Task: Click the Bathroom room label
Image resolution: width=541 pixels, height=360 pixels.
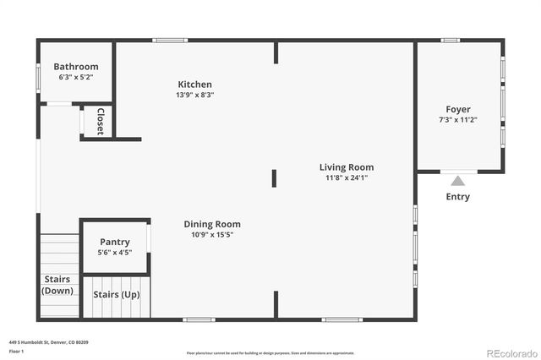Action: pyautogui.click(x=76, y=67)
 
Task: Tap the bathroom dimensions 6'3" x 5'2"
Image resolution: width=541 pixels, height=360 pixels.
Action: pyautogui.click(x=76, y=77)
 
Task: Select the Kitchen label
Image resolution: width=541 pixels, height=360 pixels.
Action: pyautogui.click(x=194, y=85)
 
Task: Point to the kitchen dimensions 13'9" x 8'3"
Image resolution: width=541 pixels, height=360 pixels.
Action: pyautogui.click(x=194, y=95)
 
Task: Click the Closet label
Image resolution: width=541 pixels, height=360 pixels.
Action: pyautogui.click(x=100, y=121)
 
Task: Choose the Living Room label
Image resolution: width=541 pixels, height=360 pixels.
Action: pyautogui.click(x=347, y=167)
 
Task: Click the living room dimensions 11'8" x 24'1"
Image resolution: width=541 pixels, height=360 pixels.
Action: pyautogui.click(x=347, y=177)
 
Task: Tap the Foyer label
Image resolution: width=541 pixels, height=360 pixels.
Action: pyautogui.click(x=458, y=109)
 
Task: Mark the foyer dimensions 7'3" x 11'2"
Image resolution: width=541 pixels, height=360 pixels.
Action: pyautogui.click(x=458, y=119)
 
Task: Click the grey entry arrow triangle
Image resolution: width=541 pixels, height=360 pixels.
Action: pyautogui.click(x=457, y=180)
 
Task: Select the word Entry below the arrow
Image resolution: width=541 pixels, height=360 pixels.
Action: pyautogui.click(x=457, y=197)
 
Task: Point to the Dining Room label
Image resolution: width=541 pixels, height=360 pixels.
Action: pyautogui.click(x=212, y=224)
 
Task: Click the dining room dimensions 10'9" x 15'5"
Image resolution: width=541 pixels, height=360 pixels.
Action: pyautogui.click(x=212, y=234)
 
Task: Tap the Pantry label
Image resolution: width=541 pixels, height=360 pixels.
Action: pyautogui.click(x=115, y=242)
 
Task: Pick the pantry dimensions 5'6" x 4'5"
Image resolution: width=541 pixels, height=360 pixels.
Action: pyautogui.click(x=115, y=252)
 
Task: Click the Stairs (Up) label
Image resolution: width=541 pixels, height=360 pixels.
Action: pyautogui.click(x=116, y=295)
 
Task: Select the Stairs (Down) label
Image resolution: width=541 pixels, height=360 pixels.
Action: pyautogui.click(x=57, y=285)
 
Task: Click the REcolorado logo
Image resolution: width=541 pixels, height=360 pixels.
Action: pyautogui.click(x=510, y=351)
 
